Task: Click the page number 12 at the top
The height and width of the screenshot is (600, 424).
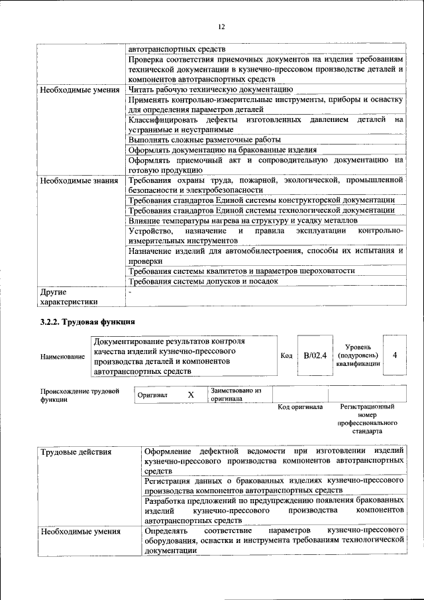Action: (x=221, y=26)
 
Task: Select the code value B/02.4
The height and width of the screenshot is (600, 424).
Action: (x=315, y=355)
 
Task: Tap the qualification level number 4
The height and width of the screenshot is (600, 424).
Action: (x=395, y=355)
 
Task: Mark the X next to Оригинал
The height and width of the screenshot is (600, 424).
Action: (x=191, y=394)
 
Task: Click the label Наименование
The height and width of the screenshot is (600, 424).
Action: (x=63, y=357)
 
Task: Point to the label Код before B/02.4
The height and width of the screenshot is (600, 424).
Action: (x=286, y=356)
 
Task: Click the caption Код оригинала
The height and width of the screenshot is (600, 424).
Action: (x=299, y=407)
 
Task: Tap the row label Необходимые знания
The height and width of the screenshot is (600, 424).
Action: (x=78, y=180)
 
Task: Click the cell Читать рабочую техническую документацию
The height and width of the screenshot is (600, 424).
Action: (x=211, y=88)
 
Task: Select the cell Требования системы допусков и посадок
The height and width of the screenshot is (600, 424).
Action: (x=203, y=281)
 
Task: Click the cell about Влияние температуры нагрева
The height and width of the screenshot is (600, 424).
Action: (x=242, y=220)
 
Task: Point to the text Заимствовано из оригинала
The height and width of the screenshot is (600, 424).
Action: (x=237, y=395)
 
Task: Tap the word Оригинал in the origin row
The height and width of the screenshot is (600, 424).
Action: (x=152, y=395)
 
